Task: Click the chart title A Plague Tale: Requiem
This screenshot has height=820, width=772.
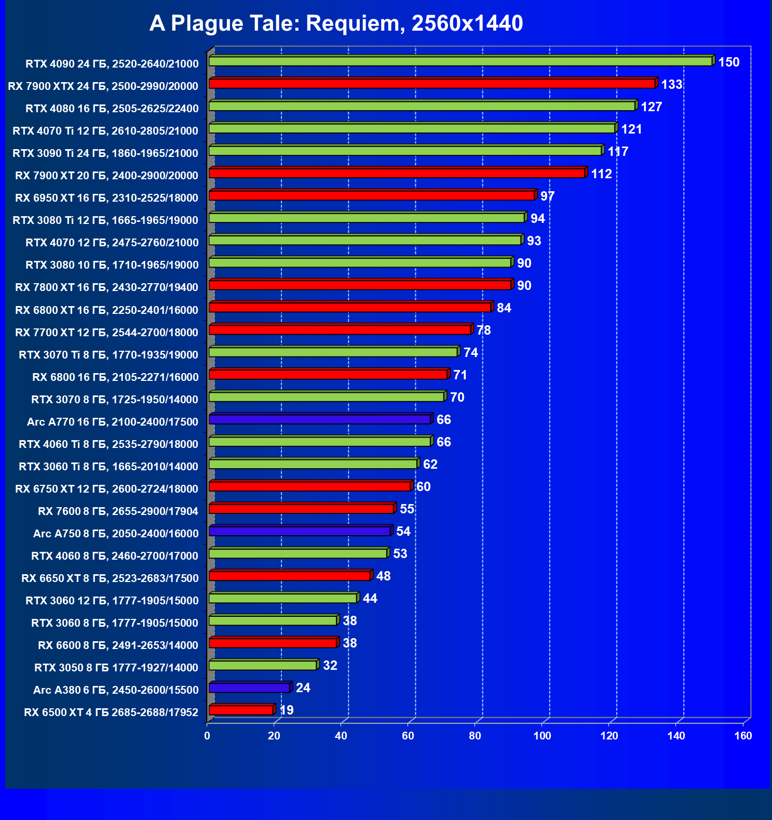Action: (x=336, y=23)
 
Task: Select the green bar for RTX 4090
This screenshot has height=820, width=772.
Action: (x=460, y=61)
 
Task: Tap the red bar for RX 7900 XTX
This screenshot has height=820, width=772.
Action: (x=432, y=84)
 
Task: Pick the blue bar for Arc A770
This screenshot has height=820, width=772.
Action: (x=320, y=419)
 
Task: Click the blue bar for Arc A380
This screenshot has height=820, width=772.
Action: (x=249, y=688)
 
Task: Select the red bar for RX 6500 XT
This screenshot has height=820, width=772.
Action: (x=241, y=710)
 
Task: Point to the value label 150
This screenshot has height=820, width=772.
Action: (x=728, y=62)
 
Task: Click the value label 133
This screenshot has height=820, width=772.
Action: (x=671, y=85)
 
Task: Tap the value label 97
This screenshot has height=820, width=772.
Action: (x=547, y=196)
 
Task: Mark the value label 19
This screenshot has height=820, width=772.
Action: (x=287, y=710)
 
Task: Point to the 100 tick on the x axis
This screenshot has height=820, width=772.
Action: (x=542, y=736)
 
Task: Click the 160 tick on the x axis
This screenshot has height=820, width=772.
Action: (x=743, y=736)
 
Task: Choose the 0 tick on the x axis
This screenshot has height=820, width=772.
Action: (x=207, y=736)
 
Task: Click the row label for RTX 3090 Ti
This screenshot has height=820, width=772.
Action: (x=105, y=153)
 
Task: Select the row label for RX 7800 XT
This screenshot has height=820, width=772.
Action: (x=106, y=287)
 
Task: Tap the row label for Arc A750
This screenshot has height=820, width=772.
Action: (x=116, y=534)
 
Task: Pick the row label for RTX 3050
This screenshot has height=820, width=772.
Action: (x=116, y=668)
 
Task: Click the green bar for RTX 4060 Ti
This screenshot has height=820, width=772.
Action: (x=320, y=442)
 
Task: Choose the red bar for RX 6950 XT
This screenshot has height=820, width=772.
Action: (x=372, y=195)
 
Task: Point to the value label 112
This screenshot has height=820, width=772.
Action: (x=601, y=174)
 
